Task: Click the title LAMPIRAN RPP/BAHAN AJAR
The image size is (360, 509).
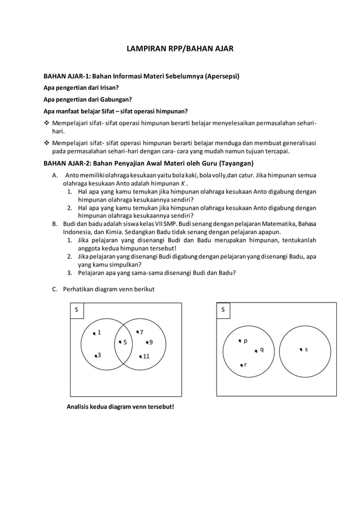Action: coord(179,50)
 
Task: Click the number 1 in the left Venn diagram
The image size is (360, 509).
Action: coord(99,332)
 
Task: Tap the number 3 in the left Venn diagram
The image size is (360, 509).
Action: coord(99,355)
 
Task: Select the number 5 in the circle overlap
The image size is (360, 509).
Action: coord(125,342)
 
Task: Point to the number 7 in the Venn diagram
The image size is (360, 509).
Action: coord(141,332)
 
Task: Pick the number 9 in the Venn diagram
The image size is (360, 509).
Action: coord(150,342)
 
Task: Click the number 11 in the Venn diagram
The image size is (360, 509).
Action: coord(146,356)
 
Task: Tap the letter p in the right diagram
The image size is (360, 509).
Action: coord(245,341)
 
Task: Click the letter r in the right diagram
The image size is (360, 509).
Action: coord(245,365)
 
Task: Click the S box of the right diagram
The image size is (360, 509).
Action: coord(223,310)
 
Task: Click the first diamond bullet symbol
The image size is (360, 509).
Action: coord(47,123)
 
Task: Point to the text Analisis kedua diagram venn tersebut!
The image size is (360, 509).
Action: coord(121,406)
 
